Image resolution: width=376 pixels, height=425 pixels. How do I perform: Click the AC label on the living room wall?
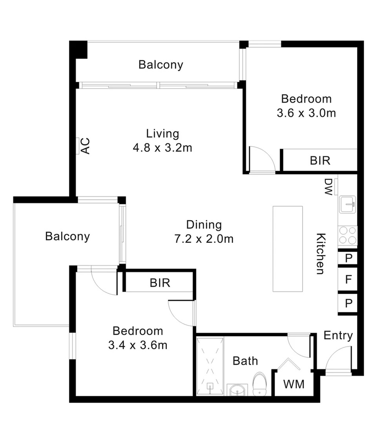(86, 146)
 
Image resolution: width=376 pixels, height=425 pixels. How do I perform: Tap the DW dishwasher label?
(328, 187)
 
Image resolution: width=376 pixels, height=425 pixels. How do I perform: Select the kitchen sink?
(348, 204)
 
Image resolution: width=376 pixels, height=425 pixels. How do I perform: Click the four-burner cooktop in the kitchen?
(348, 235)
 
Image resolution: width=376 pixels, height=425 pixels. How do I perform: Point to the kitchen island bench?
(287, 249)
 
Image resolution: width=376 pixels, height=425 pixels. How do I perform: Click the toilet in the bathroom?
(259, 384)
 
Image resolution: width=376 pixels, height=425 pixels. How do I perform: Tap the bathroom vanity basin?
(237, 390)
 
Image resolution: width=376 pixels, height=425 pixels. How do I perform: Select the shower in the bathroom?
(210, 366)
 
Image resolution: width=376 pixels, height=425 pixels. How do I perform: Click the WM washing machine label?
(294, 384)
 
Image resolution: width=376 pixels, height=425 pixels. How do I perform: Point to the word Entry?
(338, 336)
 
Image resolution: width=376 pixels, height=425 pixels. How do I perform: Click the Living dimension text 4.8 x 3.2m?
(162, 148)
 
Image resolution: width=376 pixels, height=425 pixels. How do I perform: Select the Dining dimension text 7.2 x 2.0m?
(204, 239)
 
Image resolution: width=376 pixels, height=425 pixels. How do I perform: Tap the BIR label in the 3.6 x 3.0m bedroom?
(320, 161)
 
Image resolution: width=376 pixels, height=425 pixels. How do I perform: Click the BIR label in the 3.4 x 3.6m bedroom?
(160, 283)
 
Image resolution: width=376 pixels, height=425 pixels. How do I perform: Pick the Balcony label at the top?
(161, 65)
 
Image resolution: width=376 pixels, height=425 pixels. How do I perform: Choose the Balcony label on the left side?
(67, 236)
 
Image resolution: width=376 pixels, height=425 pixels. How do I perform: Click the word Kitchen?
(321, 254)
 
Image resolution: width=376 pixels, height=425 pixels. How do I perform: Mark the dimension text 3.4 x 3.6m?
(138, 345)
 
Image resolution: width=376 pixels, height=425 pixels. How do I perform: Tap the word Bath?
(245, 361)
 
